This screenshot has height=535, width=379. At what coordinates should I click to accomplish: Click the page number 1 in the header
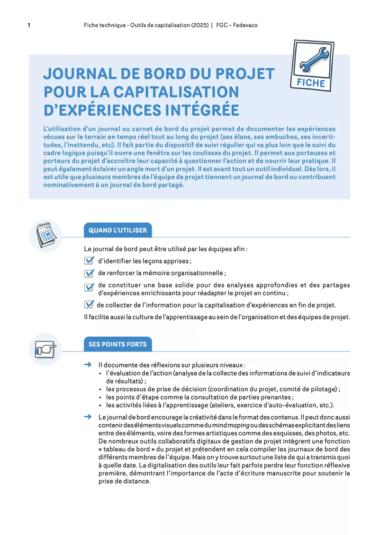click(29, 25)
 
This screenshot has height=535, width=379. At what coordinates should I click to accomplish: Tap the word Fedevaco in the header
click(244, 25)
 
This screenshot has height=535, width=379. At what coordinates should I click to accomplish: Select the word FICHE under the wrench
click(311, 83)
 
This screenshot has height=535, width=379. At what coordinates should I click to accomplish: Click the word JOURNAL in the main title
click(79, 74)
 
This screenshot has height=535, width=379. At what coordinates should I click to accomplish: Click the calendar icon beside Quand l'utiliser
click(45, 235)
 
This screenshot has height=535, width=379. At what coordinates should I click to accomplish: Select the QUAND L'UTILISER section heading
click(117, 230)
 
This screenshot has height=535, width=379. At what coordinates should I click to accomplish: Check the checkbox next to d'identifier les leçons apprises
click(89, 261)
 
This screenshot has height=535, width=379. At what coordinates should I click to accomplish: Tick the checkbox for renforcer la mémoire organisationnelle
click(89, 273)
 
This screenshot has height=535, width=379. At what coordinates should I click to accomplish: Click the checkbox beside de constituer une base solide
click(89, 287)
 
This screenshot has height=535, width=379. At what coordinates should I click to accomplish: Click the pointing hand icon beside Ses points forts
click(45, 349)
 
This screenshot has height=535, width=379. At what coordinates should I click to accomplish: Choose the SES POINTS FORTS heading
click(117, 344)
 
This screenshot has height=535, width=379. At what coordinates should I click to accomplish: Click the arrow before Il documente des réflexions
click(87, 365)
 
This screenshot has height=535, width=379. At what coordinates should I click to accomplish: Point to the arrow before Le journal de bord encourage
click(87, 417)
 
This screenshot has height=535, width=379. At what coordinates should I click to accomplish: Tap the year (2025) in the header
click(199, 25)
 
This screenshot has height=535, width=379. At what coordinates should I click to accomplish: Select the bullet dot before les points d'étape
click(101, 398)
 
